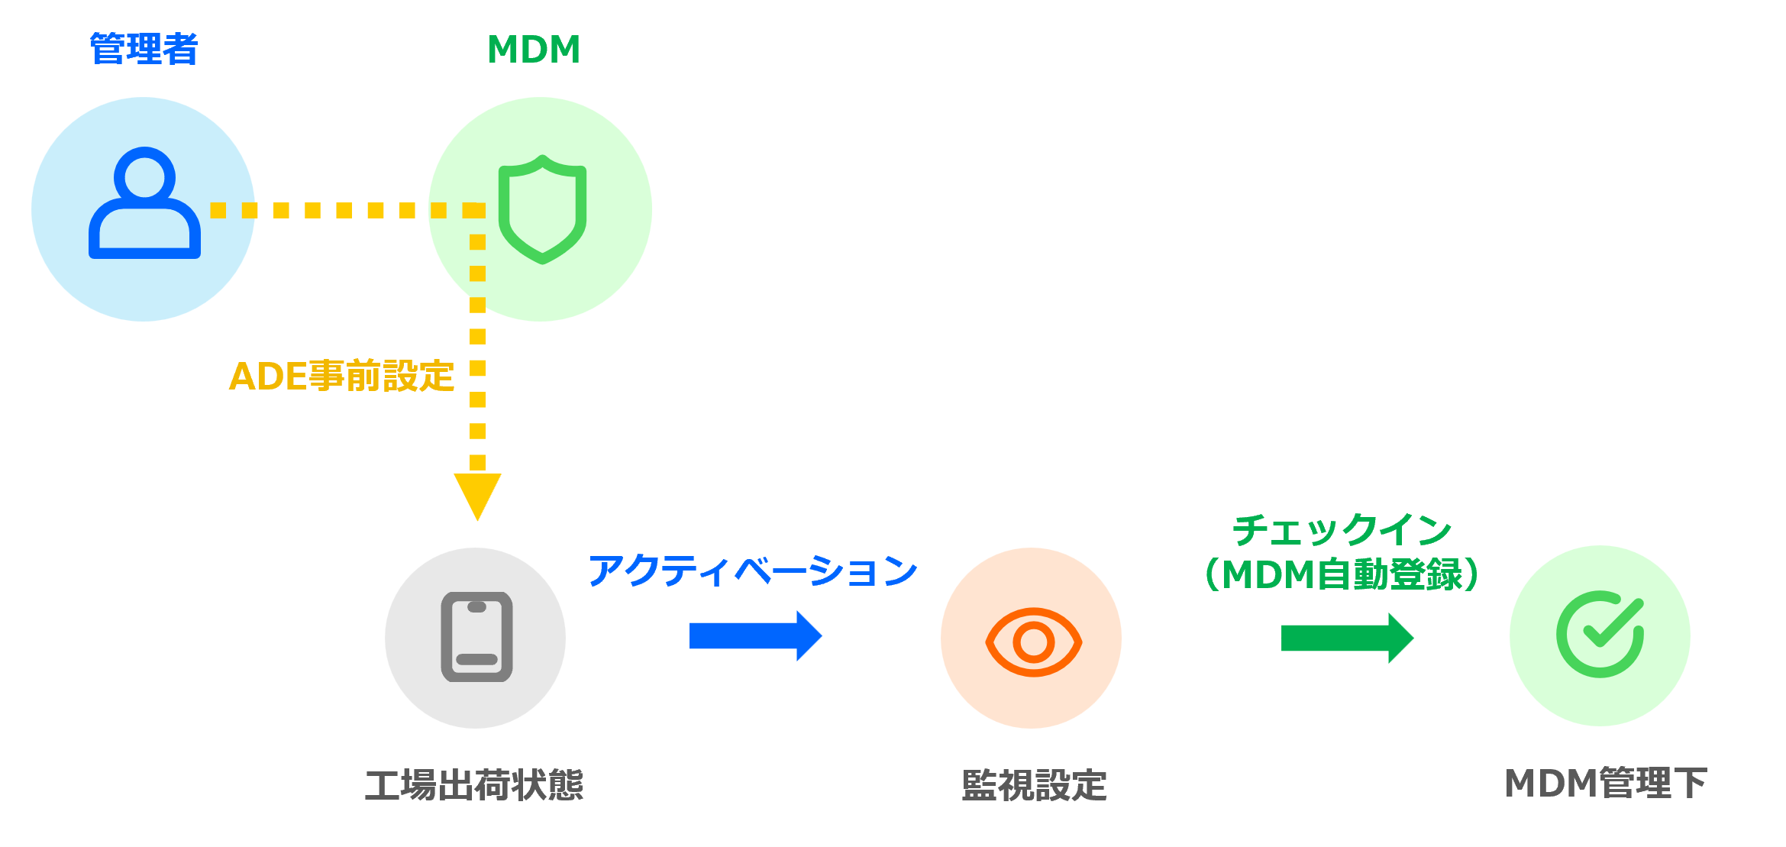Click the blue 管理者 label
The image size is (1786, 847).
tap(144, 50)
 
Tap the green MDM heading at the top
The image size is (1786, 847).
tap(534, 50)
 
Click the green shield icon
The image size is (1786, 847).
tap(542, 209)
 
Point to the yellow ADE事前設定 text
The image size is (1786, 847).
tap(341, 377)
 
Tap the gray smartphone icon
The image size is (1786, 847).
tap(476, 637)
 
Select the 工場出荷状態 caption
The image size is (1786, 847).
tap(474, 785)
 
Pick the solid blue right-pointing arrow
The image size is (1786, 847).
tap(754, 635)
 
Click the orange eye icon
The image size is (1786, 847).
tap(1033, 642)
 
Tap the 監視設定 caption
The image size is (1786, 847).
tap(1034, 785)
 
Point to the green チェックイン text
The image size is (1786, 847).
tap(1342, 530)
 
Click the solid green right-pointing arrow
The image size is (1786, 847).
tap(1346, 638)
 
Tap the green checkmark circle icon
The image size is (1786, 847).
tap(1600, 634)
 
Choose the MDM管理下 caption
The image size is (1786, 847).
tap(1606, 784)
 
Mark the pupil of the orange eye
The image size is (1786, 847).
tap(1033, 642)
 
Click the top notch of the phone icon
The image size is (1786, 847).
tap(476, 607)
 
